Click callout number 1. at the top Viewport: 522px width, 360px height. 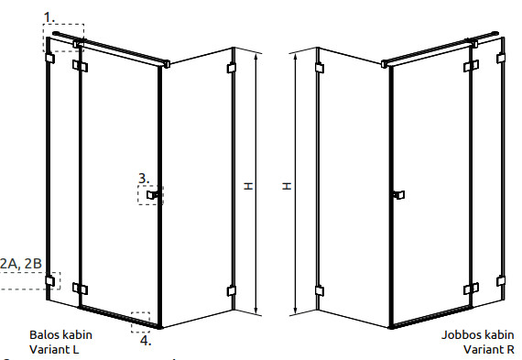click(x=49, y=17)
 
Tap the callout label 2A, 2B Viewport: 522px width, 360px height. click(x=21, y=264)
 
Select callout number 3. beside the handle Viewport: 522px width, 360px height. click(x=144, y=179)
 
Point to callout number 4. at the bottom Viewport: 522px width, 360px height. click(x=146, y=341)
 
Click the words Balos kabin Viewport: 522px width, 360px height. click(x=61, y=334)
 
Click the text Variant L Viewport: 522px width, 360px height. click(x=54, y=349)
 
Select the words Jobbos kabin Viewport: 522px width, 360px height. click(x=478, y=335)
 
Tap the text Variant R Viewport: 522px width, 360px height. click(x=489, y=349)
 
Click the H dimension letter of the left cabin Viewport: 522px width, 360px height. click(x=248, y=186)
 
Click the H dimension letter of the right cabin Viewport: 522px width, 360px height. click(x=287, y=186)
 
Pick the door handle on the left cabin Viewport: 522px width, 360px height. click(x=153, y=194)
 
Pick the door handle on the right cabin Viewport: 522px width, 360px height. click(x=398, y=194)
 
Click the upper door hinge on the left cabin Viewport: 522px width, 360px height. click(x=80, y=66)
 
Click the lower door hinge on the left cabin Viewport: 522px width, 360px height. click(x=80, y=289)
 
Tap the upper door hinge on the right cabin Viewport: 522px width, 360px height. click(x=471, y=66)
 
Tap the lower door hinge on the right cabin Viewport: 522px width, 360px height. click(x=471, y=289)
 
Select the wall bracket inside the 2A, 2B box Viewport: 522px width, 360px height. click(x=50, y=280)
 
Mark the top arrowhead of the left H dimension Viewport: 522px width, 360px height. click(x=256, y=57)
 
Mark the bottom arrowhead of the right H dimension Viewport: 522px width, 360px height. click(x=295, y=311)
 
